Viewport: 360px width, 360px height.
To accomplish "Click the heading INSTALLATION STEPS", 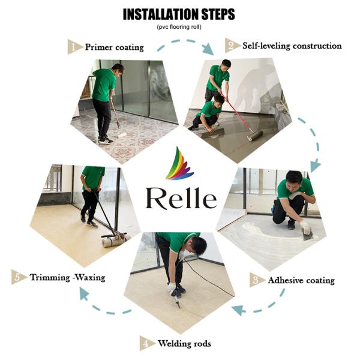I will [179, 14].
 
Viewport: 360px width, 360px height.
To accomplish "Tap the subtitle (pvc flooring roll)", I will [179, 27].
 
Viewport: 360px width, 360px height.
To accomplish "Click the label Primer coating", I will [115, 46].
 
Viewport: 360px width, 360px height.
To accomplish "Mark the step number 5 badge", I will [19, 277].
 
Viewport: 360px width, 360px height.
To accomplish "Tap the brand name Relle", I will [181, 197].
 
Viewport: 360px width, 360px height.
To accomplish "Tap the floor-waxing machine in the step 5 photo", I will [115, 241].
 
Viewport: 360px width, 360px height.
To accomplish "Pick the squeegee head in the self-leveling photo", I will [254, 137].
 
